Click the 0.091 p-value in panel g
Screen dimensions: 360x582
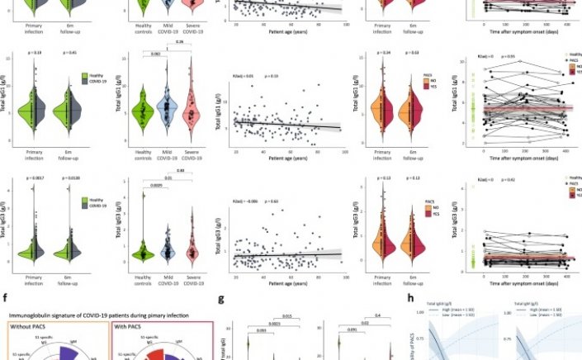point(351,330)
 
